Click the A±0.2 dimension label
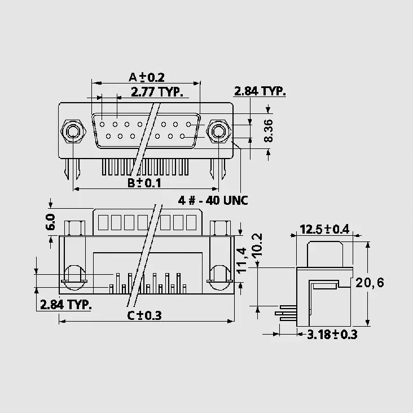click(x=147, y=77)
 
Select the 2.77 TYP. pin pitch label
click(x=157, y=92)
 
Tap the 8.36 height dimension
click(x=269, y=131)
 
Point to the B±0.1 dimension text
click(x=144, y=183)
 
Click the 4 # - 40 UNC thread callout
click(x=213, y=200)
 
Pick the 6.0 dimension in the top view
click(x=50, y=222)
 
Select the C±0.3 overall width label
click(x=144, y=315)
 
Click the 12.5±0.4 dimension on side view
click(x=324, y=229)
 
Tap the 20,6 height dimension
click(x=370, y=283)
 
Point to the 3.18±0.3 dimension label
click(x=332, y=335)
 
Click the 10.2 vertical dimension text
click(x=257, y=245)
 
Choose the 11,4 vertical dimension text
click(x=241, y=260)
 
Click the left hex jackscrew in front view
click(x=73, y=131)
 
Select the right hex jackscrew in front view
click(x=219, y=131)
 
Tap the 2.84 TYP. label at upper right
click(x=260, y=91)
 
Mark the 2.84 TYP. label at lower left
click(x=66, y=305)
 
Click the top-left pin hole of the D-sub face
click(x=102, y=124)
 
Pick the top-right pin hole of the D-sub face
click(x=188, y=124)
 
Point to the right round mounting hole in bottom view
click(x=220, y=278)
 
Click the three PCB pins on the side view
click(x=286, y=313)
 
